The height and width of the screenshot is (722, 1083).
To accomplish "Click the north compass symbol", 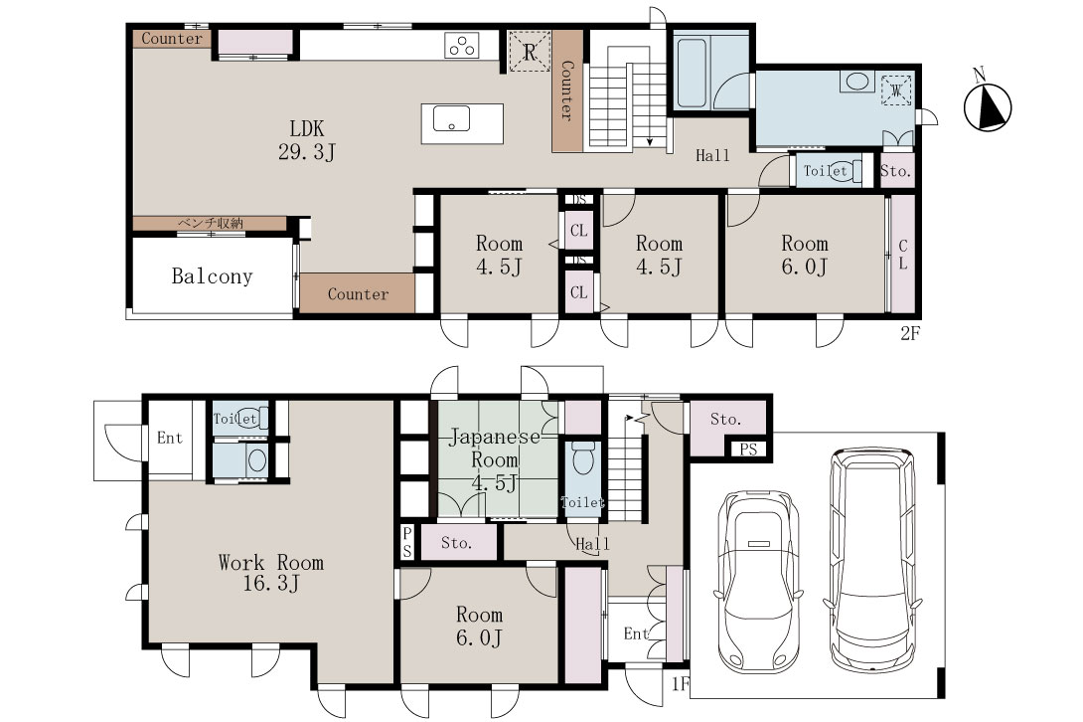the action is click(987, 105).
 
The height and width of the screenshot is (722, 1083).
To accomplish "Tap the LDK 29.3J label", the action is click(307, 139).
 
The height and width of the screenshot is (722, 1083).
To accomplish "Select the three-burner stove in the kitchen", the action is click(462, 46).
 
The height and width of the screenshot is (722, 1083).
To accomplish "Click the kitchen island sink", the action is click(452, 119).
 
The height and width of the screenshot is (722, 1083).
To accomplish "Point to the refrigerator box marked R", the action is click(530, 51).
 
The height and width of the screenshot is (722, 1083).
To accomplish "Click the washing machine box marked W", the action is click(896, 90).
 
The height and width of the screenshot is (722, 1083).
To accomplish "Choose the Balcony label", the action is click(212, 276).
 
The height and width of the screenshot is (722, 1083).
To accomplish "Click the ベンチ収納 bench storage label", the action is click(211, 224).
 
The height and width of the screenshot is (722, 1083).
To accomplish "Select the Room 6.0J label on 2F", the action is click(805, 255).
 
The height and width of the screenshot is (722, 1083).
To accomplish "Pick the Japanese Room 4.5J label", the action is click(495, 459).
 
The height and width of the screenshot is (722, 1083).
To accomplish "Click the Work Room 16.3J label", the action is click(270, 573).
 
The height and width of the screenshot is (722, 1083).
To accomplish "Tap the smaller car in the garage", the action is click(758, 581).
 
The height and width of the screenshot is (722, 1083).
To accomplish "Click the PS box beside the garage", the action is click(749, 450).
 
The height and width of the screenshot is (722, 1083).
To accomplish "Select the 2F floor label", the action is click(910, 332).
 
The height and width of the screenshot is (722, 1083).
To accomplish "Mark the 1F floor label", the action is click(681, 683).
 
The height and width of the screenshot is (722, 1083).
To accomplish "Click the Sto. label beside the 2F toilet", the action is click(896, 171).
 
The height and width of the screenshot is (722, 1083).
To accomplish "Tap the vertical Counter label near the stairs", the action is click(566, 91).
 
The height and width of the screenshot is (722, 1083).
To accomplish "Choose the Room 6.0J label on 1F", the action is click(479, 626).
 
